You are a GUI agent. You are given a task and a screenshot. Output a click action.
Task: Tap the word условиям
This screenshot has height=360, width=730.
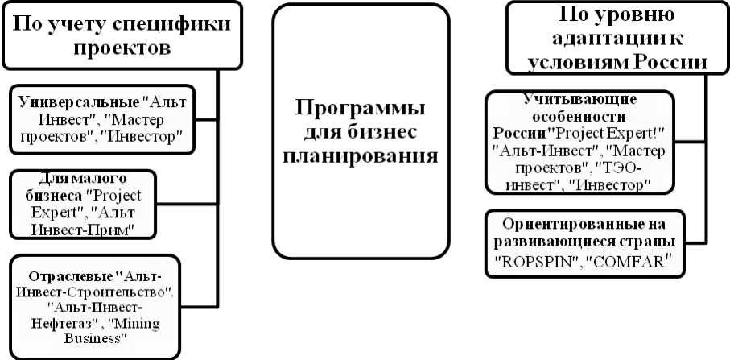577,63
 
